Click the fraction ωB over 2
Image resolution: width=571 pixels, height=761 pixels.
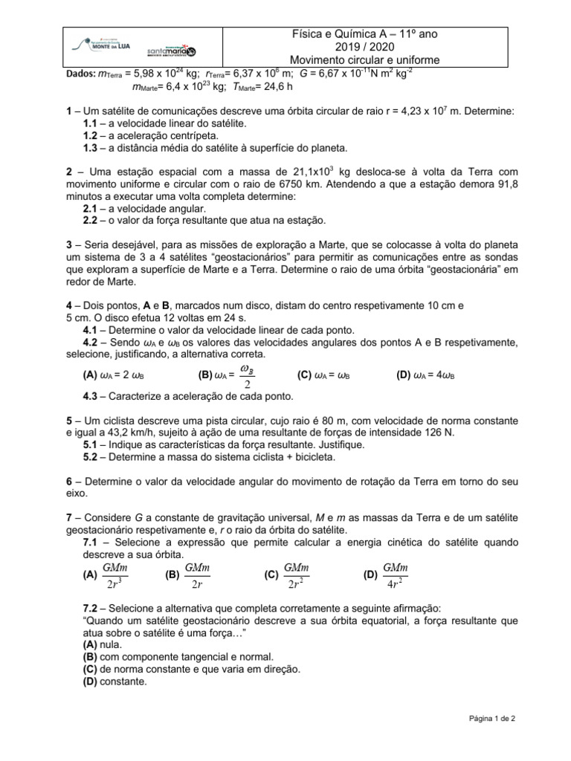[249, 376]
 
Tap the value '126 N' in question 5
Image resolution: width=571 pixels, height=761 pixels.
[438, 432]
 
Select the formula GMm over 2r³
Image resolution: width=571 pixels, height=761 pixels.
[113, 575]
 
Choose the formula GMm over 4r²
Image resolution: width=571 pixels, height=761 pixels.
[395, 575]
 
